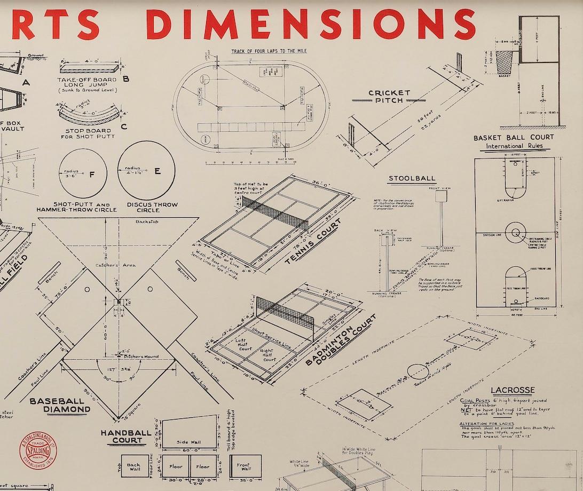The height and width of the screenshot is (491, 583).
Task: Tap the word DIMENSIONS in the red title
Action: point(311,25)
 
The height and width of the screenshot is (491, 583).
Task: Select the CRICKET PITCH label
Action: point(389,97)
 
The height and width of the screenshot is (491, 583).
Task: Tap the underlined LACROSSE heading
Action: point(512,390)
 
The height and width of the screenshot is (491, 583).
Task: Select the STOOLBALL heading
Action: point(412,178)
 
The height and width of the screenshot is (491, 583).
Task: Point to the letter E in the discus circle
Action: point(157,171)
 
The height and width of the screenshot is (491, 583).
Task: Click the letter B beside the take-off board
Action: point(126,79)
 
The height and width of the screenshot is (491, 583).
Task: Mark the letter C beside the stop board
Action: point(124,126)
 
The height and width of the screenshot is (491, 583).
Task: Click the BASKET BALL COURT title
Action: point(513,138)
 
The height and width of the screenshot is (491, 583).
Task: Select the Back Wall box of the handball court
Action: point(133,467)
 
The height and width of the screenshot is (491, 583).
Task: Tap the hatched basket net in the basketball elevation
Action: point(505,62)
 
